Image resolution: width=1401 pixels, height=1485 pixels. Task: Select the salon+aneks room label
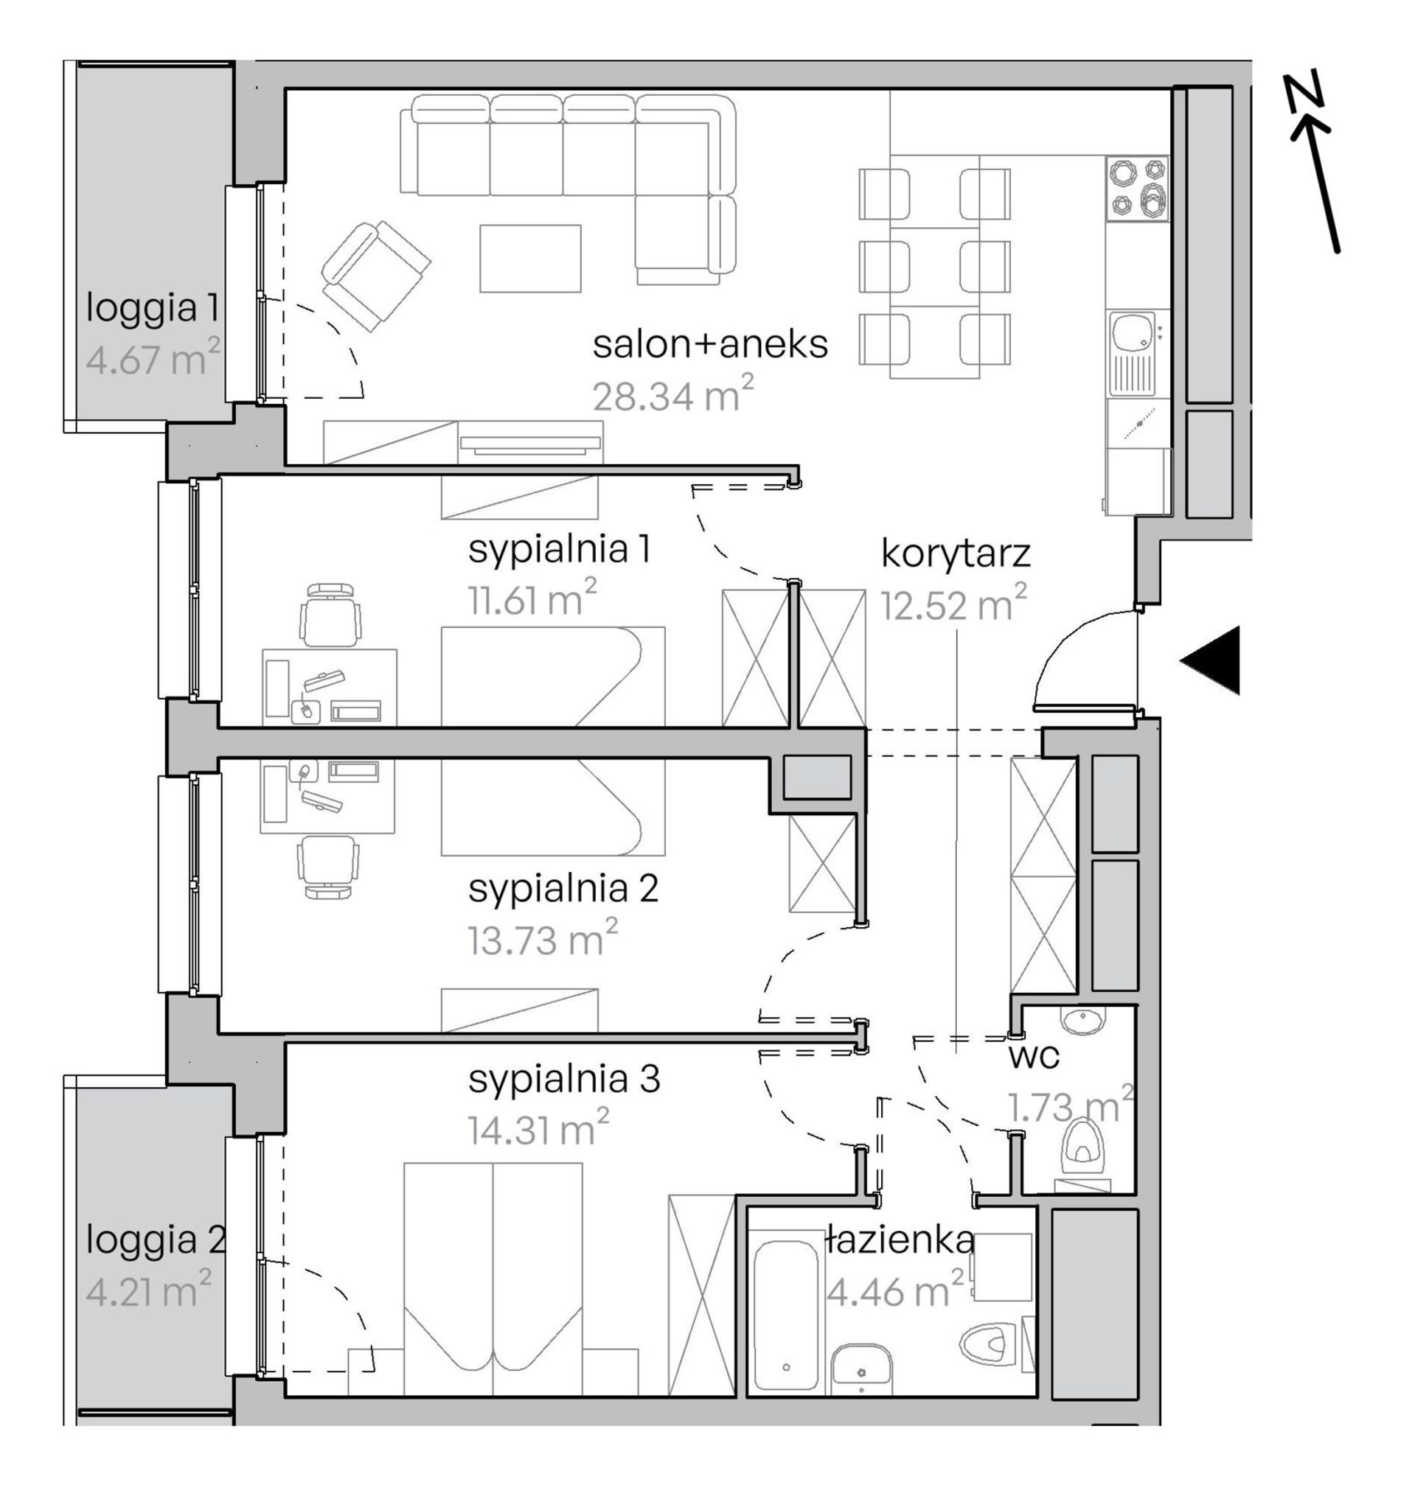[x=710, y=345]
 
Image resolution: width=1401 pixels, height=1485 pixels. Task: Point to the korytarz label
[x=956, y=554]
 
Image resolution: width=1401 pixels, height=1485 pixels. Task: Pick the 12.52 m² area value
[x=953, y=603]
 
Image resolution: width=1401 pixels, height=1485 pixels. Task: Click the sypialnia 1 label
[x=560, y=550]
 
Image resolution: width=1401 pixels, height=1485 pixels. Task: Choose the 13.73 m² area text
[x=543, y=938]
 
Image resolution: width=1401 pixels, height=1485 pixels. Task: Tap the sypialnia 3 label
[x=564, y=1080]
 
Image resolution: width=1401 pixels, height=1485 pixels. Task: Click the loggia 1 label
[x=153, y=309]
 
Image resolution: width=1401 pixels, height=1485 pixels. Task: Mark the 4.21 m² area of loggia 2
[x=149, y=1290]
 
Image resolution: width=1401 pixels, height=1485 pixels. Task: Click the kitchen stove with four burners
[x=1136, y=188]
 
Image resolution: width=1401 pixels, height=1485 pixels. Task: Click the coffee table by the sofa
[x=529, y=259]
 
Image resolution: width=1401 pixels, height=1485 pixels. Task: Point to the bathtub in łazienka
[x=786, y=1313]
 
